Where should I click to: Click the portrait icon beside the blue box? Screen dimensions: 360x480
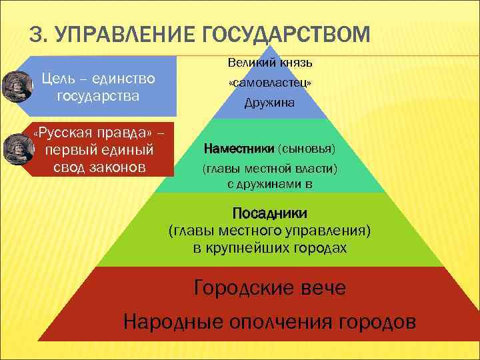[x=14, y=85]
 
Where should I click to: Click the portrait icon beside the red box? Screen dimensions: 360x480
[x=14, y=149]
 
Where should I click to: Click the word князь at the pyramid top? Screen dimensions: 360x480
[x=295, y=63]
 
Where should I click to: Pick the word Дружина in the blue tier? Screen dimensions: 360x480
[x=269, y=105]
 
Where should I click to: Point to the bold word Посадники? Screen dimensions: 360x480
[x=269, y=214]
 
